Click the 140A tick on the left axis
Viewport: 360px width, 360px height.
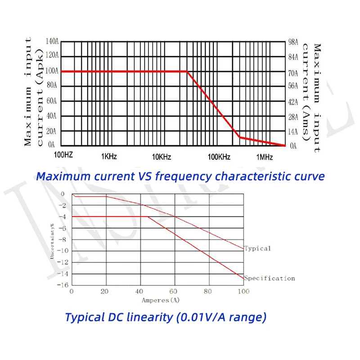coord(52,41)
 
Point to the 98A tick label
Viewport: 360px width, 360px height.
coord(293,42)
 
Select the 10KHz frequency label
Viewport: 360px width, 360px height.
coord(162,157)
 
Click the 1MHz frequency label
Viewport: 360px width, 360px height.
coord(265,157)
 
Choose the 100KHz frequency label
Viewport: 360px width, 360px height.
coord(219,157)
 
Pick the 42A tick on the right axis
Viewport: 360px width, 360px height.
coord(293,102)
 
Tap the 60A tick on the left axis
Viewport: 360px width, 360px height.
coord(52,101)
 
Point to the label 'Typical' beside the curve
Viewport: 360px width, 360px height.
coord(257,248)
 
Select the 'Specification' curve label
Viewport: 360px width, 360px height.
coord(270,278)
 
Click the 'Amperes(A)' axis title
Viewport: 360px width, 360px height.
coord(161,300)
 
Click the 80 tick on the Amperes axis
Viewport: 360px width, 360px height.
coord(208,292)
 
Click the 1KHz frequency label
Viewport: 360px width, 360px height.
coord(109,157)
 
